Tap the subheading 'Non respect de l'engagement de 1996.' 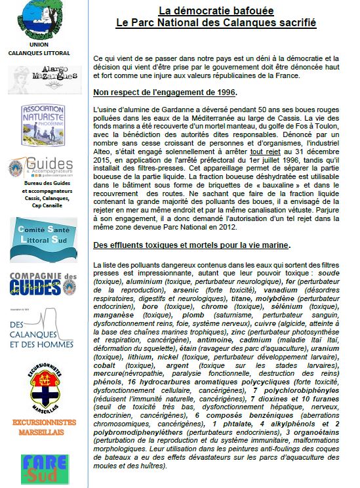[165, 91]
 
